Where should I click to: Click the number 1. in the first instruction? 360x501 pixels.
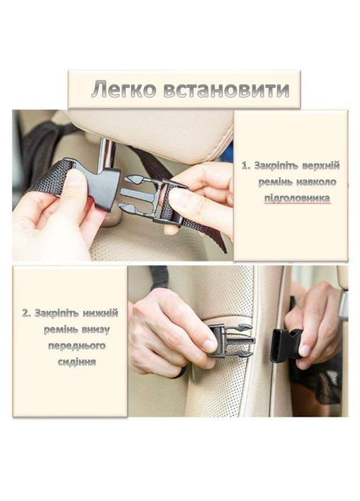(x=245, y=166)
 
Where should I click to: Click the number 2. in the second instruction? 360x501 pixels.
(x=26, y=313)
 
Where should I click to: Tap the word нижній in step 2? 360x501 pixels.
(x=101, y=313)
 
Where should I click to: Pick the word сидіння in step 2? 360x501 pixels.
(x=76, y=362)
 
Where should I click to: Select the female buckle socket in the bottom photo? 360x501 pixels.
(x=285, y=345)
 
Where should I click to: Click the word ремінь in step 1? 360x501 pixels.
(x=277, y=182)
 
